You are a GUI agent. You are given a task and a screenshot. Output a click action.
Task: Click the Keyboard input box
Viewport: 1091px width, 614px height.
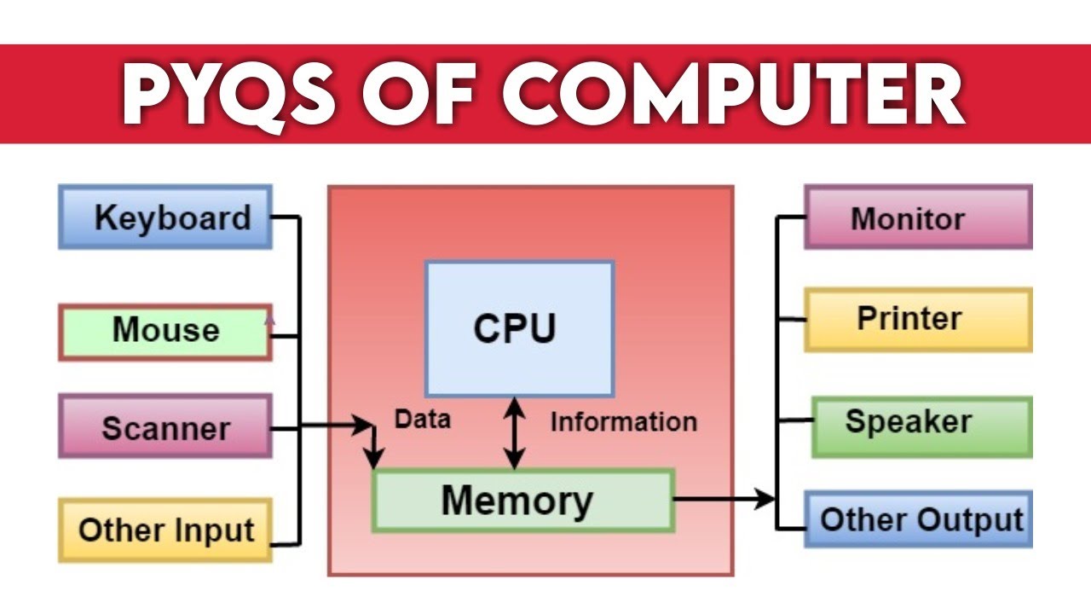tap(165, 217)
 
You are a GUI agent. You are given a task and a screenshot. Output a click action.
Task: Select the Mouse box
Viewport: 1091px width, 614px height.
tap(165, 331)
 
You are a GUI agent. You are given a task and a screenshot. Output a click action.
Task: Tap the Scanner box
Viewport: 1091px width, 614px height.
tap(165, 426)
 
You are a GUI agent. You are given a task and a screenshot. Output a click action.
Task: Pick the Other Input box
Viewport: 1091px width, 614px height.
tap(165, 530)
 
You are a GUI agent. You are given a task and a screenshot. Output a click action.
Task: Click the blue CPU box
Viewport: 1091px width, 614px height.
tap(518, 328)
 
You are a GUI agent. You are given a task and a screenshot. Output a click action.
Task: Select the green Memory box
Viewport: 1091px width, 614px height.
tap(522, 501)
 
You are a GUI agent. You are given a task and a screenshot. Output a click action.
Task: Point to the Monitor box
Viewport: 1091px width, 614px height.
tap(917, 217)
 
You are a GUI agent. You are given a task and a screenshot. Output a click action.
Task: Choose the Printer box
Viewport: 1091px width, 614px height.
tap(917, 319)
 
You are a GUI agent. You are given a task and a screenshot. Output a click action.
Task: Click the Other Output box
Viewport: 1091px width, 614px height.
tap(919, 519)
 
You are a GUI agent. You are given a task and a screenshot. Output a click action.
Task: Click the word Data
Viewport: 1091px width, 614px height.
tap(423, 419)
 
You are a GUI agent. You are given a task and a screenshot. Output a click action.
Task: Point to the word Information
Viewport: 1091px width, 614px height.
tap(623, 421)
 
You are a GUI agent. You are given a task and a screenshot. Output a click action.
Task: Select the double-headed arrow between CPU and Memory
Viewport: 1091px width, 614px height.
tap(513, 433)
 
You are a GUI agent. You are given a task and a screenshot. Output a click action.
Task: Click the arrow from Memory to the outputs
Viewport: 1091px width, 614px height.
tap(724, 500)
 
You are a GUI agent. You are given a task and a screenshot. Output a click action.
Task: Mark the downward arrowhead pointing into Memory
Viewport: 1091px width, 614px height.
tap(373, 459)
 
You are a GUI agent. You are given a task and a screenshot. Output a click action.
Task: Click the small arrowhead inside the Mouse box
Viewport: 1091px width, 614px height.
tap(269, 320)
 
